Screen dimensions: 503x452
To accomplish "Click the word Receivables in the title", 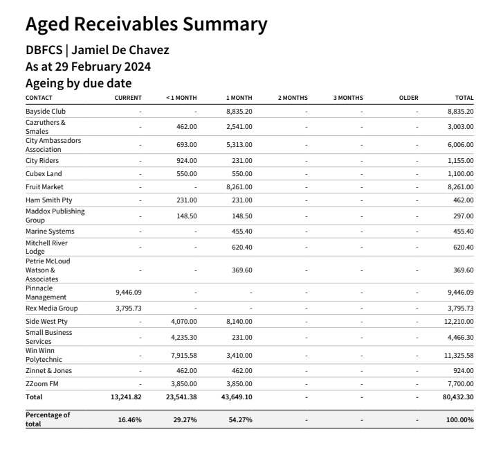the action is (126, 24).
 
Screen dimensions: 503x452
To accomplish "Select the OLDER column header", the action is (408, 98).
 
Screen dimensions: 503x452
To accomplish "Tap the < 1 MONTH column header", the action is (181, 98).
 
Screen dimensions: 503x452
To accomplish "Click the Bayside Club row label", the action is (46, 111).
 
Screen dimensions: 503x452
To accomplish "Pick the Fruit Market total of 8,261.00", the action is (461, 186).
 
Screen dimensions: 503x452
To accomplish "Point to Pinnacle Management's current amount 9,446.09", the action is (129, 293).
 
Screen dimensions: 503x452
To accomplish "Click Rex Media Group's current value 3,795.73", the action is (129, 308).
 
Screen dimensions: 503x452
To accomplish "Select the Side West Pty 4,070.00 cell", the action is (184, 321).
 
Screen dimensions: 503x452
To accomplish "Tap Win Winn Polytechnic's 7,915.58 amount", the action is (184, 355).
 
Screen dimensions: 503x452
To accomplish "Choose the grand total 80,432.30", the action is (458, 397).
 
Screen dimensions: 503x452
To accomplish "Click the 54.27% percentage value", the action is (240, 419).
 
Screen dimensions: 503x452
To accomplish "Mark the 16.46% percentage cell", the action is (129, 419).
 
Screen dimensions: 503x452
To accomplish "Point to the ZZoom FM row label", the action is (42, 383).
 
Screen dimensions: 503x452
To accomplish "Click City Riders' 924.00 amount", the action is (187, 160).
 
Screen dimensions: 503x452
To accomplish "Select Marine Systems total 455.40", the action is (464, 231).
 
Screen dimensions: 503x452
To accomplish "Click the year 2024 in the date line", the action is (138, 67).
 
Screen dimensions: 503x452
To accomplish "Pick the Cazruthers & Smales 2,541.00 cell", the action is (239, 127).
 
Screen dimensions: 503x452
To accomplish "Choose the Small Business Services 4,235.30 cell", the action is (184, 337).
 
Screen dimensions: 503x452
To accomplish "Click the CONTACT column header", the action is (39, 98).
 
